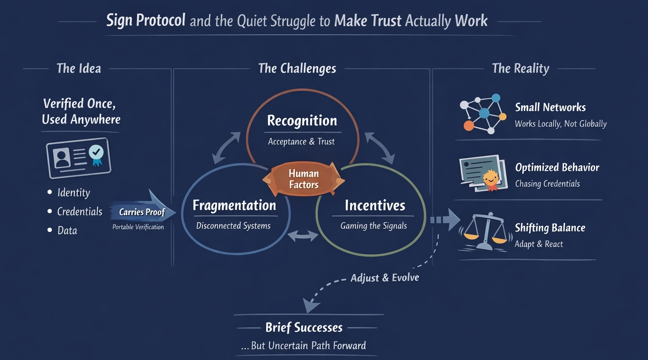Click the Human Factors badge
pyautogui.click(x=304, y=179)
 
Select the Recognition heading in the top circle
pyautogui.click(x=302, y=121)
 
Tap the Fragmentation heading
pyautogui.click(x=234, y=206)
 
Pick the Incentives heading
pyautogui.click(x=375, y=206)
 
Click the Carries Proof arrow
pyautogui.click(x=143, y=211)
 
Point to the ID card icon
pyautogui.click(x=78, y=157)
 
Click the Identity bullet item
pyautogui.click(x=73, y=192)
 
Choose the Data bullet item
pyautogui.click(x=67, y=230)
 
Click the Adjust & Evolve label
pyautogui.click(x=385, y=278)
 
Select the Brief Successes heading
pyautogui.click(x=304, y=328)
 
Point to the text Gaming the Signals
pyautogui.click(x=373, y=226)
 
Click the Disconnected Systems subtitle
pyautogui.click(x=233, y=226)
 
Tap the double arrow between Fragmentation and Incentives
pyautogui.click(x=303, y=236)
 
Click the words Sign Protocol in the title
pyautogui.click(x=146, y=20)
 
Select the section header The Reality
pyautogui.click(x=521, y=68)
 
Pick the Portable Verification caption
pyautogui.click(x=138, y=227)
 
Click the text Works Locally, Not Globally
pyautogui.click(x=561, y=124)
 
